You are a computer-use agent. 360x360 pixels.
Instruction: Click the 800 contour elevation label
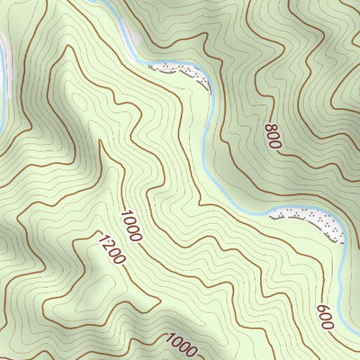pyautogui.click(x=273, y=136)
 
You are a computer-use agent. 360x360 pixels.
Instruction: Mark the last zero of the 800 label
pyautogui.click(x=275, y=143)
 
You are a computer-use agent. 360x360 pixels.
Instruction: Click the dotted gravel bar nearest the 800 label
pyautogui.click(x=180, y=73)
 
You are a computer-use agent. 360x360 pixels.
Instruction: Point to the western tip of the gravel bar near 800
pyautogui.click(x=149, y=67)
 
